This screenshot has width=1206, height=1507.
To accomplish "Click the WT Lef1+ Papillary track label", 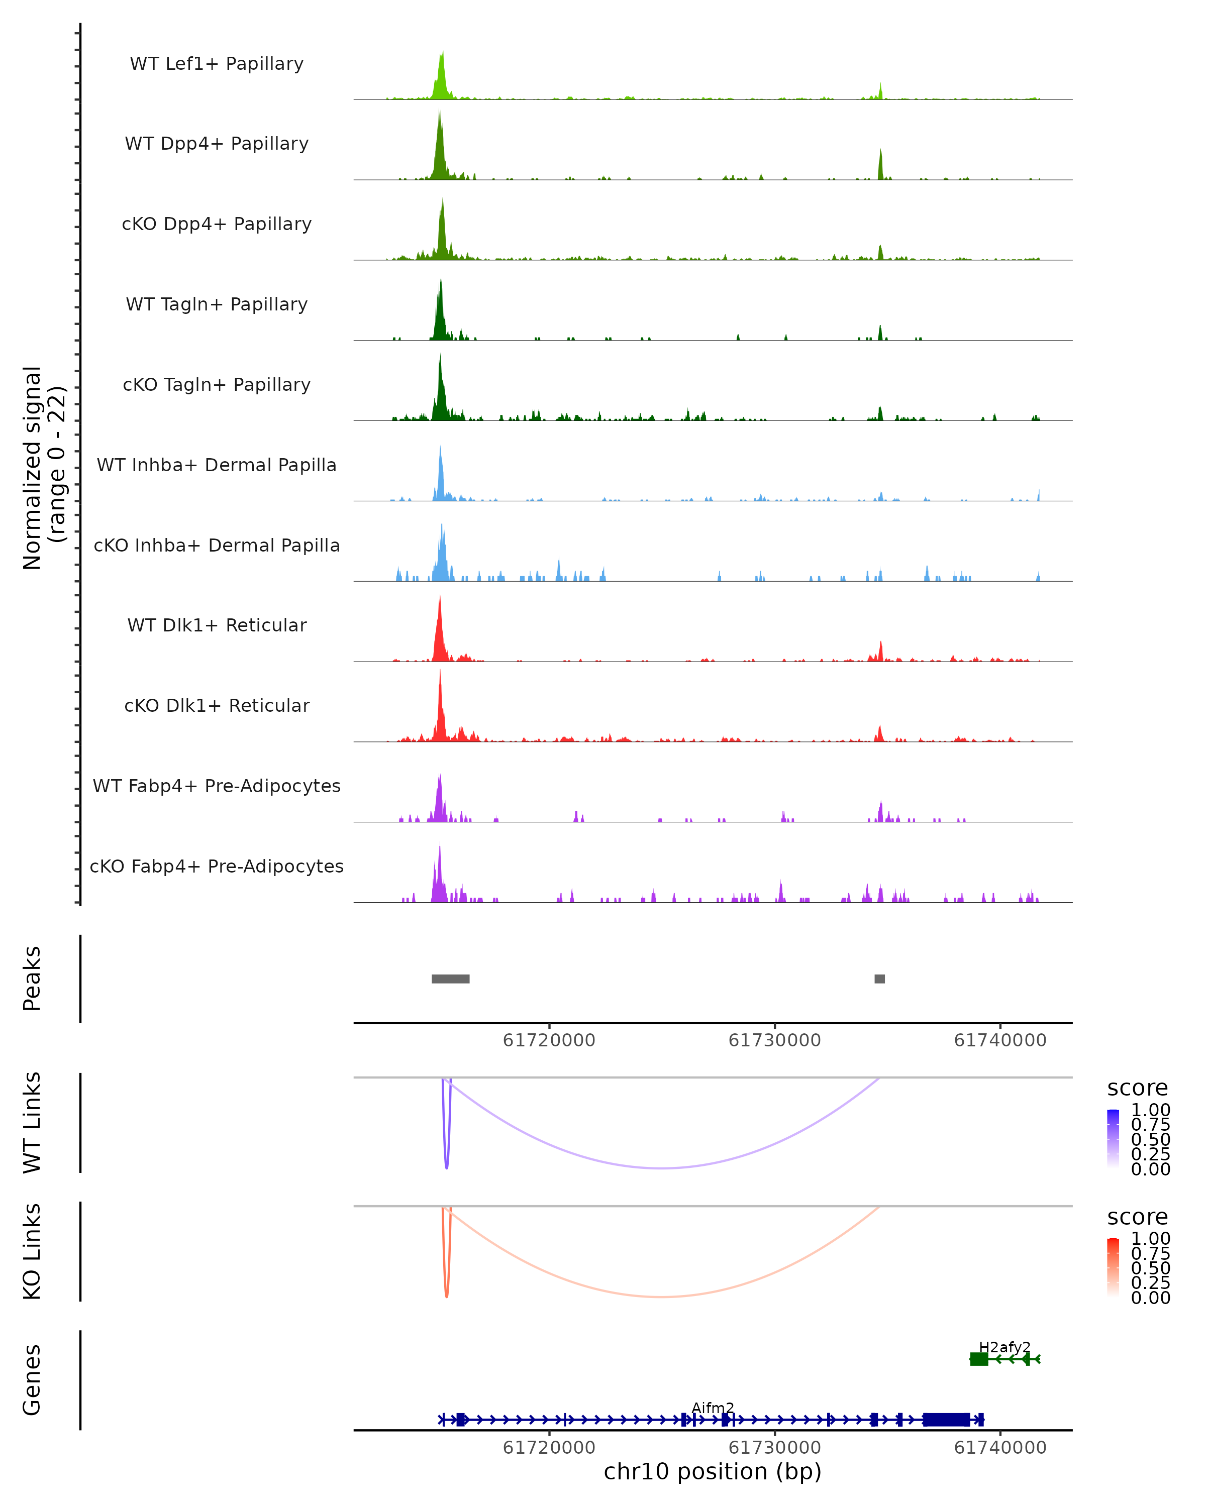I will click(x=217, y=64).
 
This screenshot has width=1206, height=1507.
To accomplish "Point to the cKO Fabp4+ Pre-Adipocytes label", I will click(x=217, y=866).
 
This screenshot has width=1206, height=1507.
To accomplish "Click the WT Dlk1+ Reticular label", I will click(x=217, y=625).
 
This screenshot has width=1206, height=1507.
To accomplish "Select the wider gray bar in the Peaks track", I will click(x=450, y=979).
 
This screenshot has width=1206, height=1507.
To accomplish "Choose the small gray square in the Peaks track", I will click(x=879, y=979).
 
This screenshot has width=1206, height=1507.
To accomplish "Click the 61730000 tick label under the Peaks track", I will click(x=775, y=1040).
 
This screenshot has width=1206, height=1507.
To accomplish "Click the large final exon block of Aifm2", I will click(x=946, y=1420).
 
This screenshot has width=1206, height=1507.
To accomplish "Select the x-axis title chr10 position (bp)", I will click(x=713, y=1472).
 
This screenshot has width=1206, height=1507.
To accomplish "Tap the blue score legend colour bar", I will click(x=1113, y=1139).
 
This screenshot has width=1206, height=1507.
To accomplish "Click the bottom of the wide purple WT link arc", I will click(x=663, y=1168).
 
